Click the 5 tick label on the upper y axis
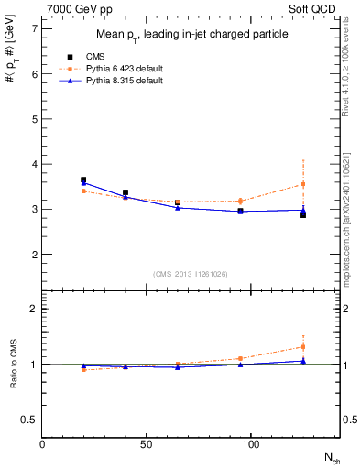pyautogui.click(x=34, y=119)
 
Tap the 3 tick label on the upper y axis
pyautogui.click(x=34, y=209)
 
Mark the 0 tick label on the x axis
pyautogui.click(x=42, y=444)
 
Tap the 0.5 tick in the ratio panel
pyautogui.click(x=30, y=420)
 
